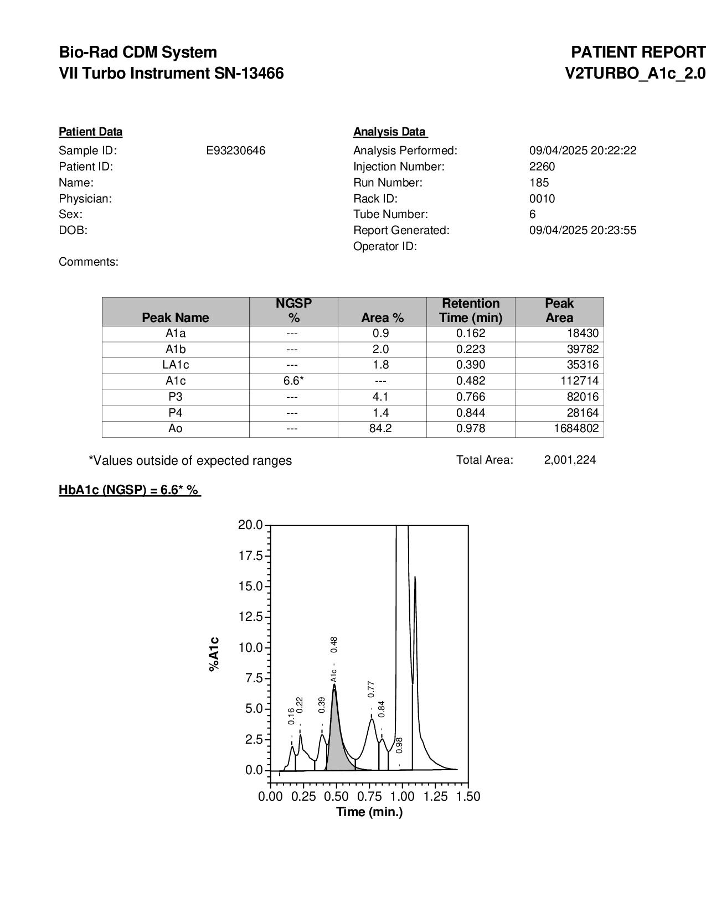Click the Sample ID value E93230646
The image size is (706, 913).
(x=235, y=151)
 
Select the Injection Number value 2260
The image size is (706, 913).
(x=542, y=167)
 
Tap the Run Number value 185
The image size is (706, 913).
(x=539, y=183)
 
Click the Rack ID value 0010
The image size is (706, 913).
(x=542, y=199)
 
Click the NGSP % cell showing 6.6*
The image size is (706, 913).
(x=293, y=381)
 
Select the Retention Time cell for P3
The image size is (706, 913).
(x=471, y=397)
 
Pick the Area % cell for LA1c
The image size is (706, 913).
(x=382, y=365)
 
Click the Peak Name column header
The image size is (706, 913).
(x=176, y=318)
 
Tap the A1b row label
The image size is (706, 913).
(x=176, y=349)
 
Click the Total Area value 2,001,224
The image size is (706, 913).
(x=570, y=460)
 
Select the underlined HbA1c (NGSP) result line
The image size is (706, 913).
(x=130, y=490)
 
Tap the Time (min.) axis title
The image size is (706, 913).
(x=369, y=812)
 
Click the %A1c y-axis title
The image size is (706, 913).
(x=214, y=655)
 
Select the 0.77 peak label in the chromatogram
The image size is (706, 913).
(x=371, y=689)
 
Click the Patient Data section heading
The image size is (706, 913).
(x=91, y=132)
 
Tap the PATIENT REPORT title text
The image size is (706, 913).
(x=638, y=53)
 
